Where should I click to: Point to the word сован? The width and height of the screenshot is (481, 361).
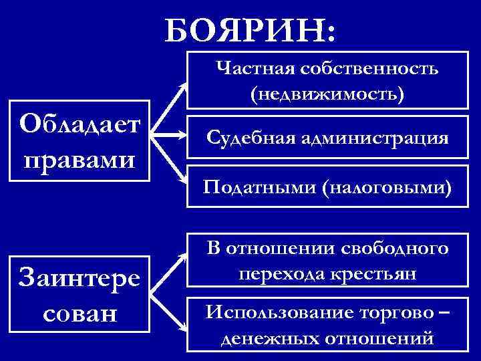81,312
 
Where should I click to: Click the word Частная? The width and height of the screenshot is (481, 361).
255,68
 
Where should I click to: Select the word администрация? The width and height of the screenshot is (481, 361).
375,138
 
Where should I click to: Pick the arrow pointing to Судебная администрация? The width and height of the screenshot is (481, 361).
170,136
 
